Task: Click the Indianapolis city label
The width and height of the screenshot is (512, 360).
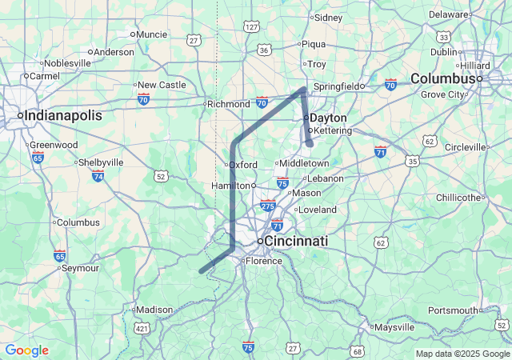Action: click(63, 116)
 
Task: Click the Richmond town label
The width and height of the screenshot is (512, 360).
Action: click(229, 104)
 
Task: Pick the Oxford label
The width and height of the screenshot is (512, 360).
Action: click(243, 165)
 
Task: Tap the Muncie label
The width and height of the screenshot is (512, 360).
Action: click(152, 34)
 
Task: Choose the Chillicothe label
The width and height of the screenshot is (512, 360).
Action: click(458, 198)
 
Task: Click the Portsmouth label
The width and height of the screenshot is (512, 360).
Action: click(453, 310)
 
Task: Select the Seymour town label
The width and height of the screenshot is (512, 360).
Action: click(80, 268)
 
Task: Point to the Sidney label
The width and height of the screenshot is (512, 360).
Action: click(328, 18)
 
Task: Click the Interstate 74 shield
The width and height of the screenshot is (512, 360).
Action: click(98, 175)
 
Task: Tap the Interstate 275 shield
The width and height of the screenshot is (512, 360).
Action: click(268, 206)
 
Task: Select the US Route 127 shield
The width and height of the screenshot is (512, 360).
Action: click(252, 27)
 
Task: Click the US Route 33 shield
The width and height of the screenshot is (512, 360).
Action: click(443, 37)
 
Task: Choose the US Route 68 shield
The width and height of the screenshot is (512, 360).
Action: click(357, 351)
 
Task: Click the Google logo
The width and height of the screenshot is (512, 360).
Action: click(26, 350)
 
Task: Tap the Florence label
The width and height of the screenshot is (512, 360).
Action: click(264, 261)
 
